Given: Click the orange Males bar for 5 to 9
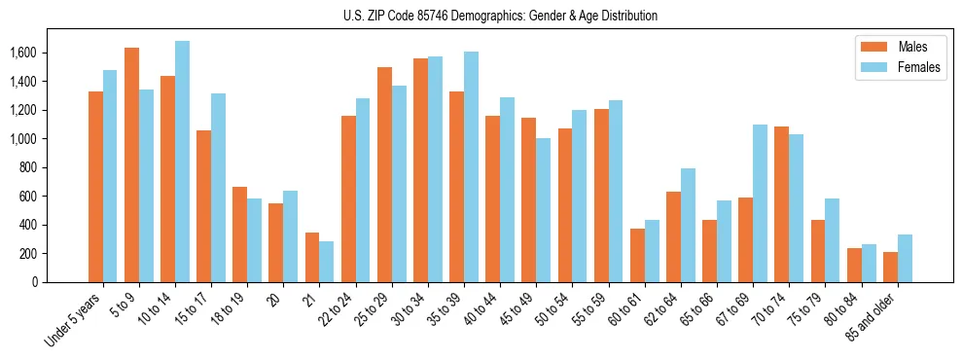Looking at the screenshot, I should tap(131, 165).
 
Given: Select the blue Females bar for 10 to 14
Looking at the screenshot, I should tap(182, 162).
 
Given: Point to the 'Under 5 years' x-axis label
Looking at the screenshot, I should tap(74, 320).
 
